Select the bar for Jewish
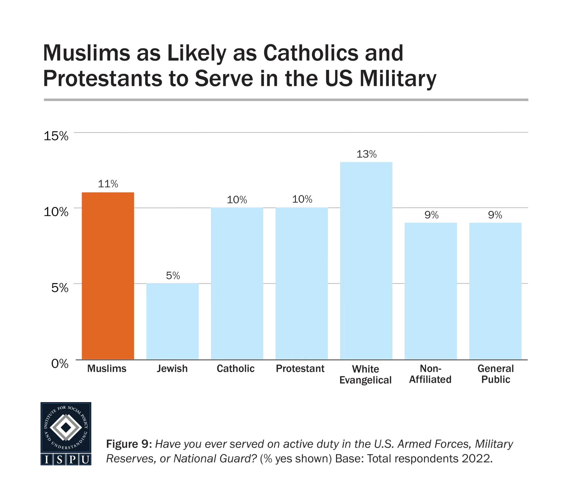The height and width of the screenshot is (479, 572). [172, 321]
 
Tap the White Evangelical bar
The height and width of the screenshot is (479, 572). [366, 261]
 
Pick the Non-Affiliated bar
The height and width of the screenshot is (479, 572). [430, 291]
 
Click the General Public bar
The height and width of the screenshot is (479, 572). [495, 291]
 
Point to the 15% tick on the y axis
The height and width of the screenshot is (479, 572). [56, 136]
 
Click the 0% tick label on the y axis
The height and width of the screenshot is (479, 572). [59, 364]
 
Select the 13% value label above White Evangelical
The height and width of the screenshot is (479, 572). [366, 154]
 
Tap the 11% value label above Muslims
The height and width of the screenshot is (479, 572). [108, 184]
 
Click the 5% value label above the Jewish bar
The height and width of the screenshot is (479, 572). [173, 276]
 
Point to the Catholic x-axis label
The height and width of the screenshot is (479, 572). [235, 369]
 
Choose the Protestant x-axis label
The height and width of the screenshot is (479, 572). [300, 369]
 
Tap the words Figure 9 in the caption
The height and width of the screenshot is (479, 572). [129, 444]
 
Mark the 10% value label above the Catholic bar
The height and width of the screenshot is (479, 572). [237, 200]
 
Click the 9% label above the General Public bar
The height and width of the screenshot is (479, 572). [495, 215]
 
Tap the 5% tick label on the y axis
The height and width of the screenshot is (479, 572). [59, 288]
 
